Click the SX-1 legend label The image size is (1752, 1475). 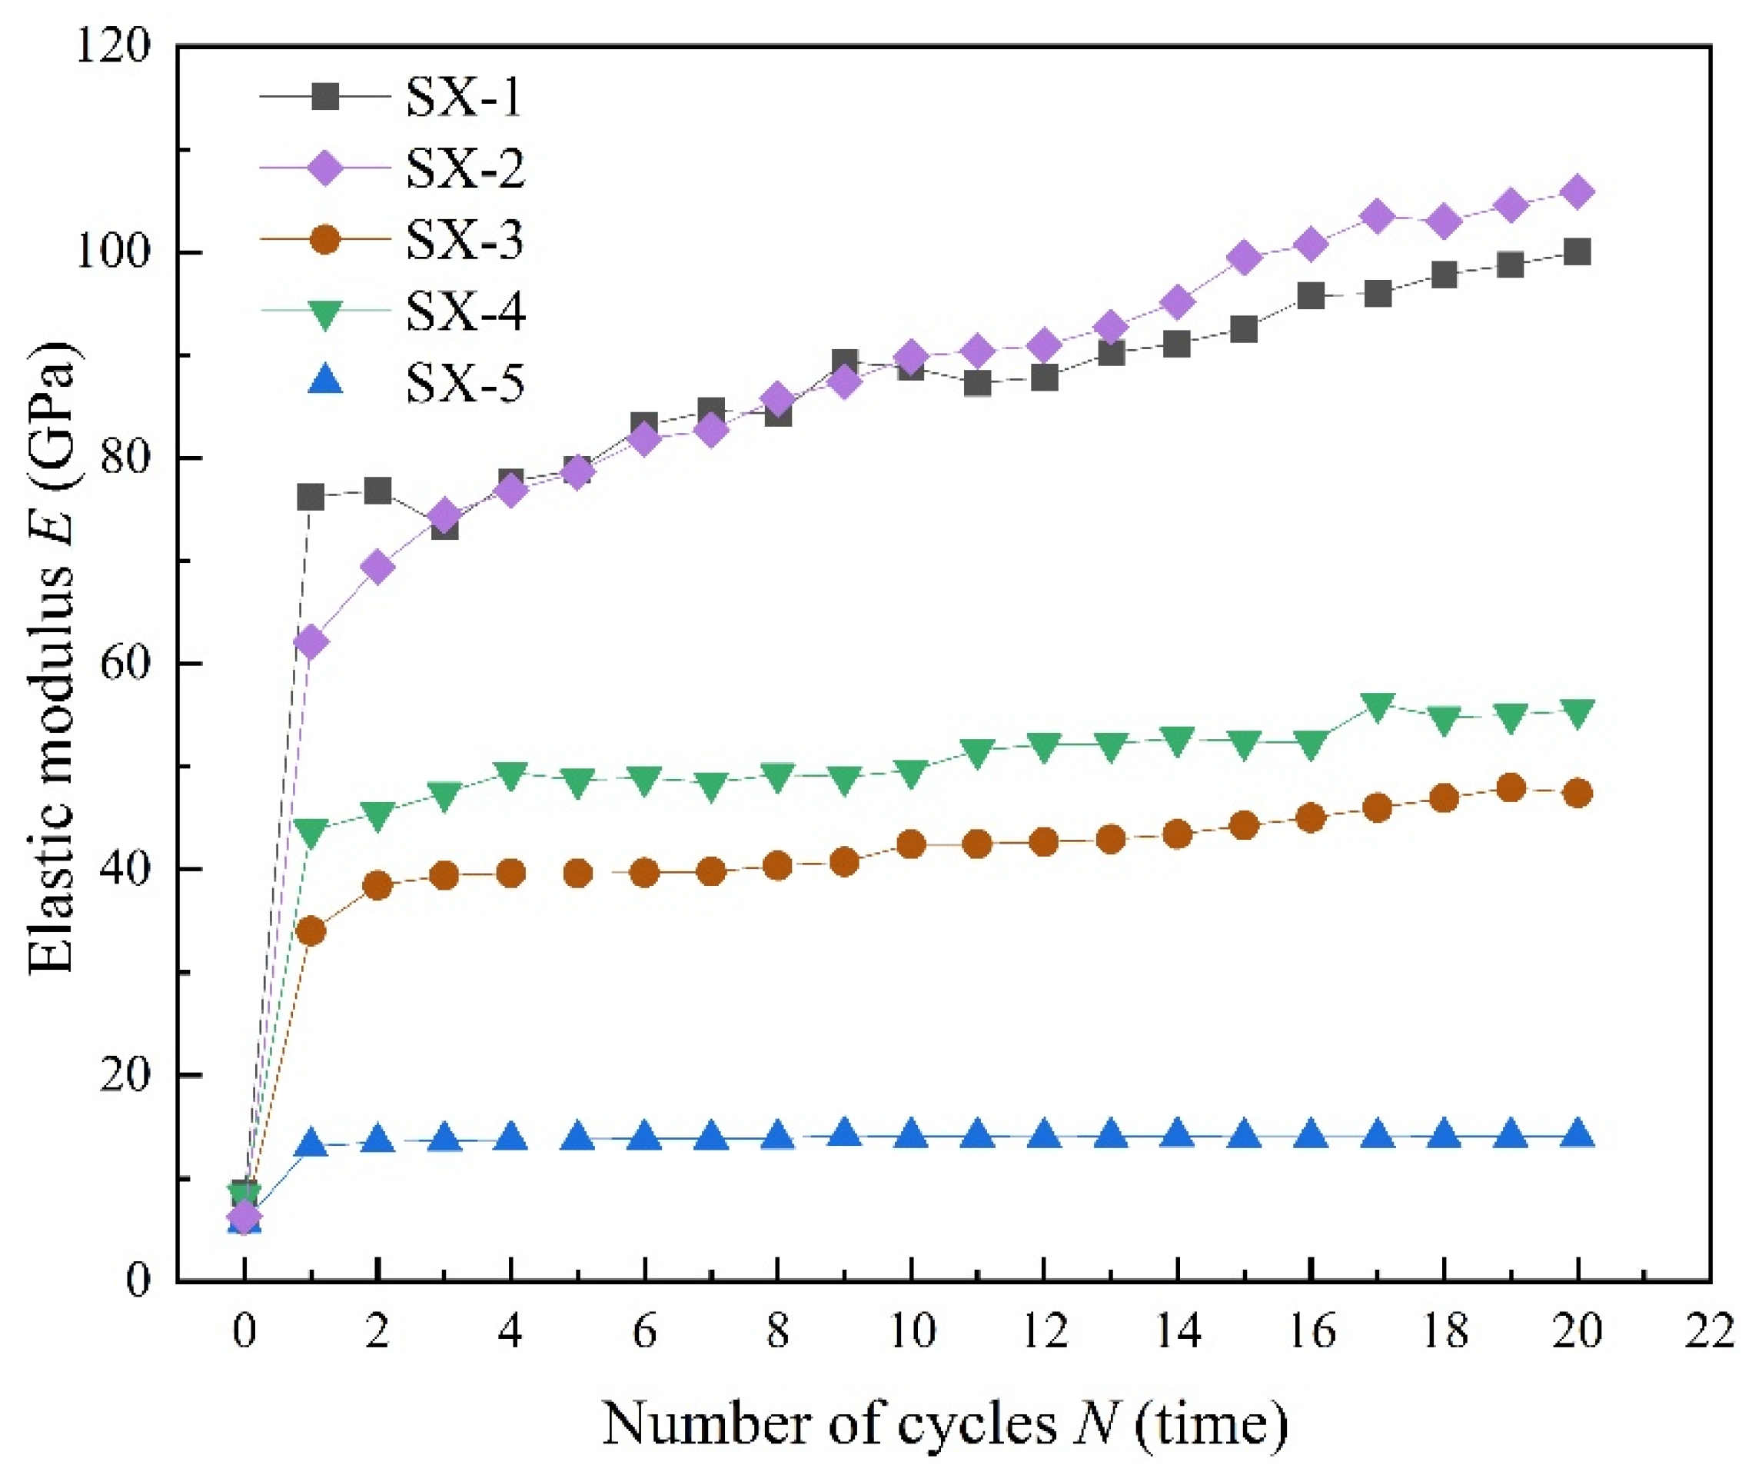[465, 98]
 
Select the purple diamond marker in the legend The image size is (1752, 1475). [324, 169]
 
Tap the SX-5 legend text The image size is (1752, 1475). [465, 385]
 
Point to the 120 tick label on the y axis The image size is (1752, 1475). [111, 47]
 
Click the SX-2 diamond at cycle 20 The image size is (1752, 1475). [1577, 191]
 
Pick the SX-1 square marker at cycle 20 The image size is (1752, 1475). [1577, 251]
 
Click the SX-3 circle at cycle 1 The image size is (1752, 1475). [311, 931]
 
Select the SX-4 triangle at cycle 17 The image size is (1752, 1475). [1378, 705]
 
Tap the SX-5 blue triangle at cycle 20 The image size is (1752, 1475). [1577, 1134]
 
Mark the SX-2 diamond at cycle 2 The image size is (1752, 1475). [377, 567]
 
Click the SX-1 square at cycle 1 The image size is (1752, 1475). [311, 498]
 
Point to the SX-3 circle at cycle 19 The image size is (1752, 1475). [1511, 787]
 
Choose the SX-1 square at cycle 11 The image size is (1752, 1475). [977, 383]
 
